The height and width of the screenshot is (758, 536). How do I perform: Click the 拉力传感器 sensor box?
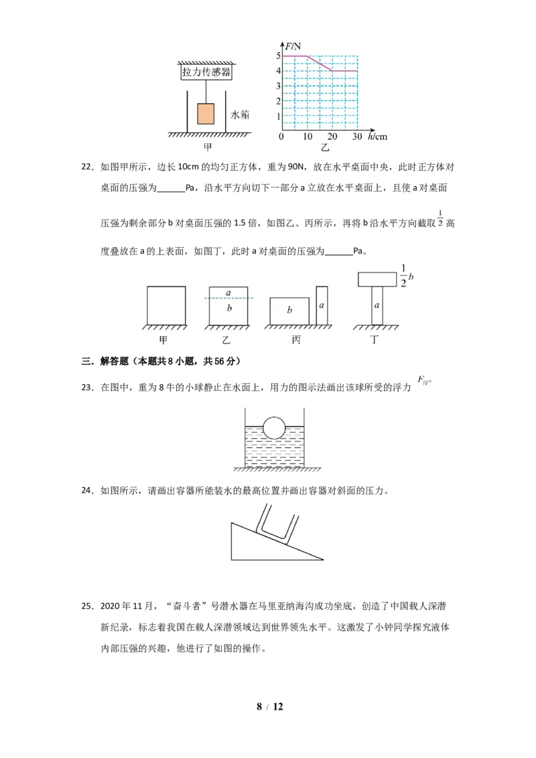[206, 72]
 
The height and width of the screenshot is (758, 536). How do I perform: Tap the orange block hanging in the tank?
[206, 114]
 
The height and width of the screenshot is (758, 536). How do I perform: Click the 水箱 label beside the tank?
[241, 115]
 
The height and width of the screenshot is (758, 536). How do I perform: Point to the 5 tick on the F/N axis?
[278, 56]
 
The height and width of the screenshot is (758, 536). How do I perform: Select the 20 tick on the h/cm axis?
[332, 137]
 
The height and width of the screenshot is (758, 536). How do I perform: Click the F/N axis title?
[293, 46]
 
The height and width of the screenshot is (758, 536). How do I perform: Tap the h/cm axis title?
[377, 137]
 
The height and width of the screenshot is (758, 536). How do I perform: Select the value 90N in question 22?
[295, 167]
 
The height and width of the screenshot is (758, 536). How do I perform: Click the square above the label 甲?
[166, 305]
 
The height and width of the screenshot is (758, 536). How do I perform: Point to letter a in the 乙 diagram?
[228, 293]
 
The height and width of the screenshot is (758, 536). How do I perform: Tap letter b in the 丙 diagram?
[289, 310]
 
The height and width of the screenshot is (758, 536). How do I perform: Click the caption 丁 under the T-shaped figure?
[375, 340]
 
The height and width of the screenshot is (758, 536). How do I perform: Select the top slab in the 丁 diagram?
[377, 279]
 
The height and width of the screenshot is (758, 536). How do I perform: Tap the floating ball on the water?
[274, 428]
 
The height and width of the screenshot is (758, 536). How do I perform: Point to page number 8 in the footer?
[259, 706]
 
